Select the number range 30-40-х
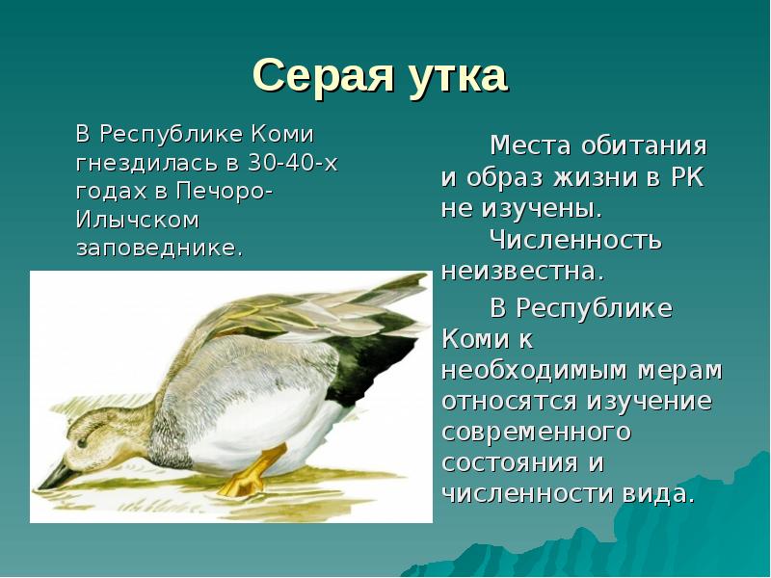pos(291,162)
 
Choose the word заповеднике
pos(159,248)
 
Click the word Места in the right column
pos(530,146)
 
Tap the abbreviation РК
pos(685,177)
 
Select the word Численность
pos(574,237)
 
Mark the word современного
pos(536,432)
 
